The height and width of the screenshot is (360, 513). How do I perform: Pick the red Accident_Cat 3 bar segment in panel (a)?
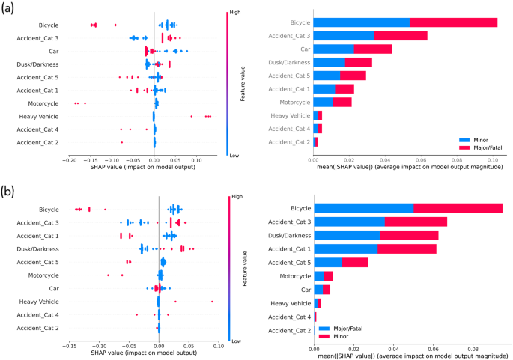click(x=401, y=36)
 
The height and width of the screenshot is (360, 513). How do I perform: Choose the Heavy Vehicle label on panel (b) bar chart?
click(x=290, y=303)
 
